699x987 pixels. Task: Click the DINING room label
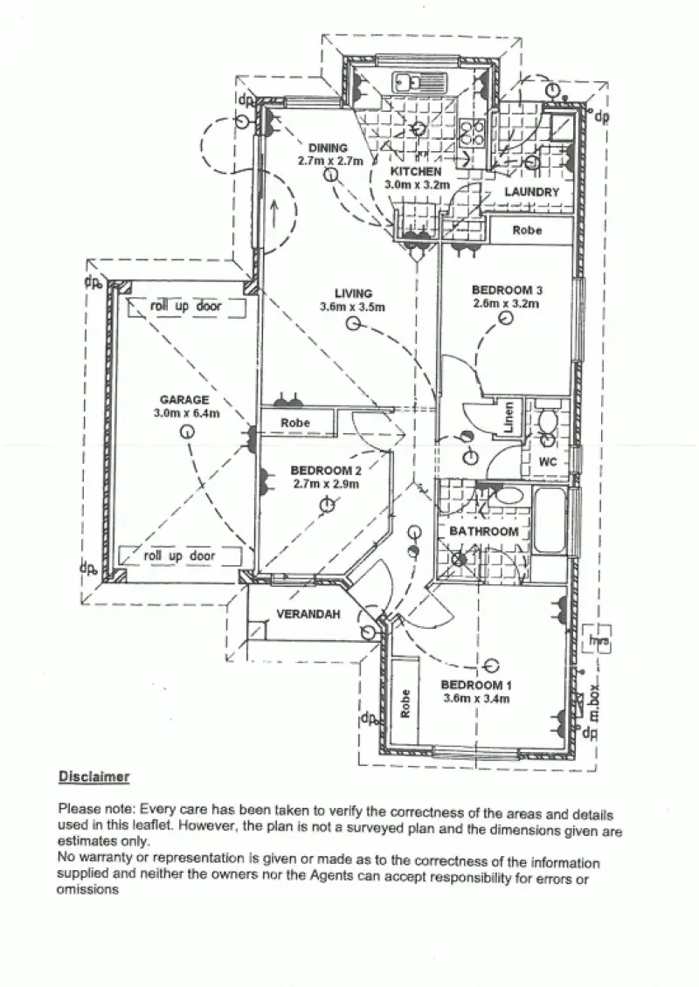(328, 148)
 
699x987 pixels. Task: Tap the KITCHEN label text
(416, 171)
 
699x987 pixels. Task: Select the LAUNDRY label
(531, 192)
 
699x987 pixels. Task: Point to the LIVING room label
(353, 293)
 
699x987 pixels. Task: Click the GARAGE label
(183, 400)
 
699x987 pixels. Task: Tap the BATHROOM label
(484, 531)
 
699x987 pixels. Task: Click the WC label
(549, 461)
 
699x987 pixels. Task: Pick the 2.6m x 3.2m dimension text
(506, 304)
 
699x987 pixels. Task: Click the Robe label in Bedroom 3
(528, 230)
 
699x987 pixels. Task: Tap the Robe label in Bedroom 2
(295, 423)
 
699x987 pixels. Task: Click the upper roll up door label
(185, 307)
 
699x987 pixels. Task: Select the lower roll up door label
(179, 556)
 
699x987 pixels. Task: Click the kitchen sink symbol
(407, 82)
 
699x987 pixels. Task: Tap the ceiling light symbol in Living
(353, 324)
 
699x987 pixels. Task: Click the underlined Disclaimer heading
(94, 776)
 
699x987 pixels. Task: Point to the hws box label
(599, 641)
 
